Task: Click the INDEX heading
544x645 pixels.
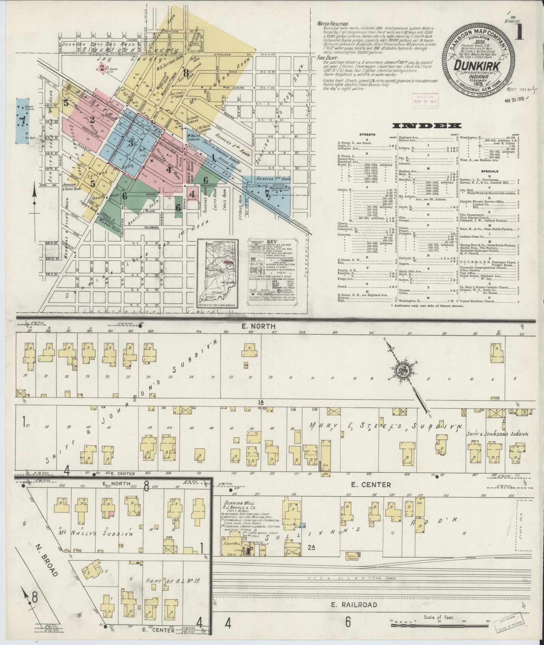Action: pos(427,126)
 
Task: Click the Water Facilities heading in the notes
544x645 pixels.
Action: pos(333,24)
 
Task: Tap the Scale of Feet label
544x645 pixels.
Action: pos(439,617)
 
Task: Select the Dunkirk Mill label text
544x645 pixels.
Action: pos(239,504)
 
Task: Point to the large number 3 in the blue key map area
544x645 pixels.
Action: pos(131,143)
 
